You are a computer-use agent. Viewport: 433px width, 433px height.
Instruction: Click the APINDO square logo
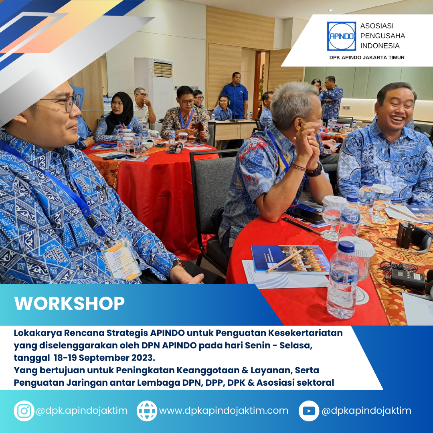click(x=341, y=36)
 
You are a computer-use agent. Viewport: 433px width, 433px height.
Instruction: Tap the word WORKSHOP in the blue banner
click(x=70, y=304)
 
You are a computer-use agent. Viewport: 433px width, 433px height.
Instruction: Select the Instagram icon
click(x=24, y=411)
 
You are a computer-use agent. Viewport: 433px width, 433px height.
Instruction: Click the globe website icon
click(x=147, y=411)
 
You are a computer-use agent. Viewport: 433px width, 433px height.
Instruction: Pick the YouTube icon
click(x=309, y=411)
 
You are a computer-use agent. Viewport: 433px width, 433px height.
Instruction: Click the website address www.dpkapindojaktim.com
click(x=224, y=411)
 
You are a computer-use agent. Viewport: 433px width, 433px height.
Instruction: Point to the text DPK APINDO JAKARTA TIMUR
click(x=367, y=57)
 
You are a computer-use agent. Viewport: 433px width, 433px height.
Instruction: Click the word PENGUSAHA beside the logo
click(x=382, y=36)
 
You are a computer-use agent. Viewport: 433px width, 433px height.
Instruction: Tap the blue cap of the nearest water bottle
click(x=346, y=246)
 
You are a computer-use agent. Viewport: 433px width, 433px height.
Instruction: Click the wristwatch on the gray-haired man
click(x=315, y=170)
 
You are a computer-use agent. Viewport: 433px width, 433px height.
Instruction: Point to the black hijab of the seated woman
click(x=121, y=112)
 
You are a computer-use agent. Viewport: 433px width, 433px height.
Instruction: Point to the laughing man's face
click(x=395, y=112)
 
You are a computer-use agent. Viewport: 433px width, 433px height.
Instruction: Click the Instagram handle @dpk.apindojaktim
click(x=82, y=411)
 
